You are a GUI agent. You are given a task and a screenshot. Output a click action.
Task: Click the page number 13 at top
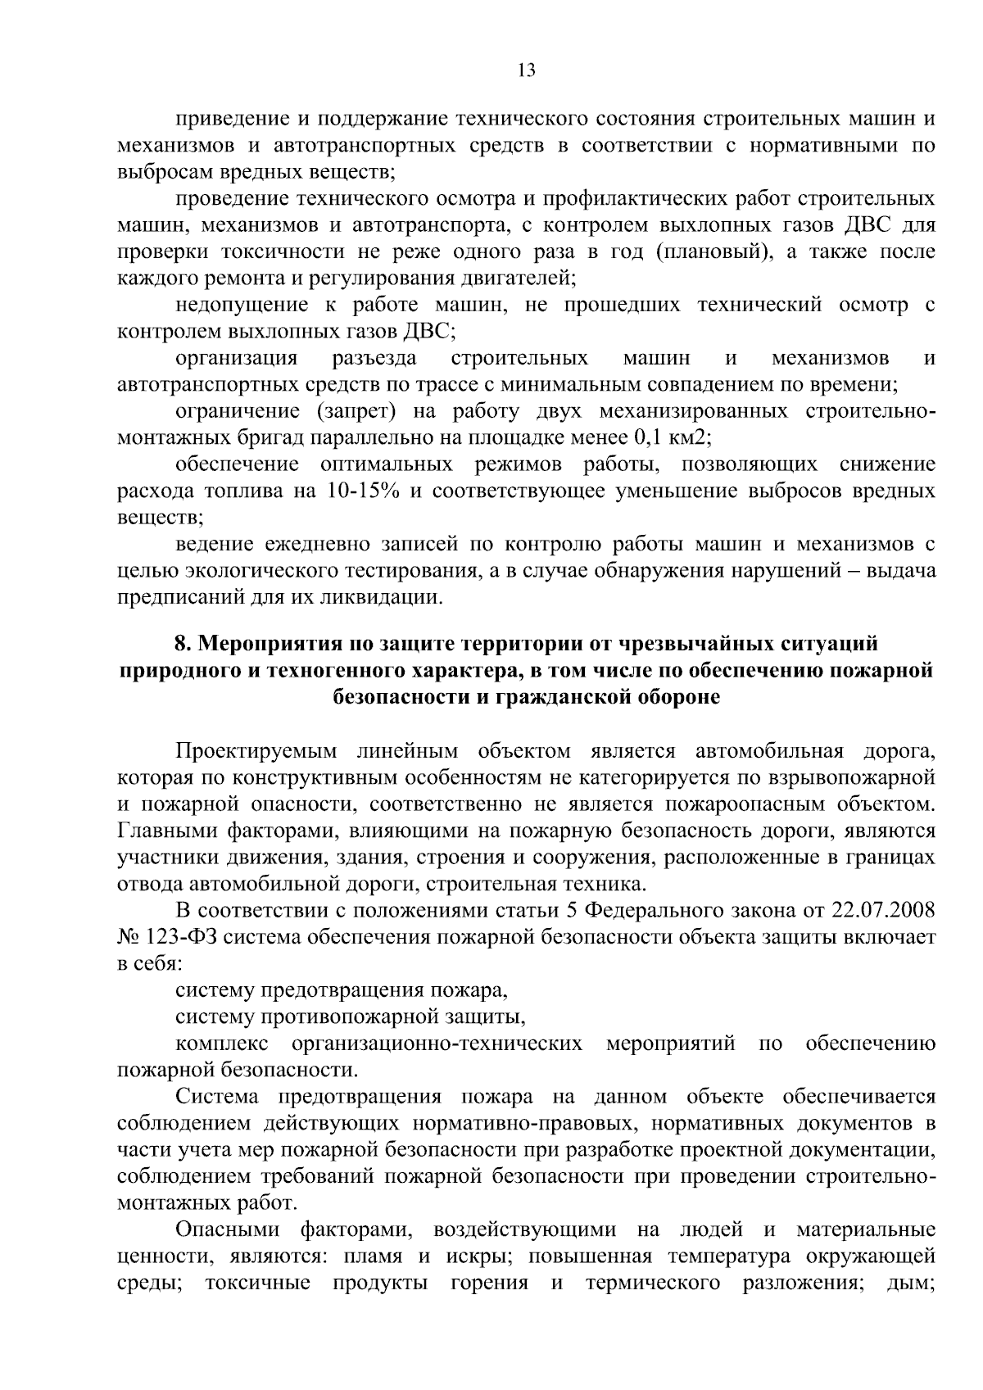(527, 70)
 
